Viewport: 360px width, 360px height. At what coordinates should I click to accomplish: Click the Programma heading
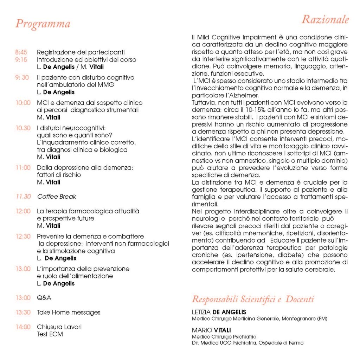pos(43,24)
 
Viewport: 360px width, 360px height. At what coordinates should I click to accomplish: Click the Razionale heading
pos(325,19)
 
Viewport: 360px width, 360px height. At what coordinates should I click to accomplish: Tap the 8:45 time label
pos(21,52)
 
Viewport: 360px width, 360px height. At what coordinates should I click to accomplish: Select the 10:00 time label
pos(23,103)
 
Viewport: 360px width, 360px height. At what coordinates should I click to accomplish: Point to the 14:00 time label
pos(23,327)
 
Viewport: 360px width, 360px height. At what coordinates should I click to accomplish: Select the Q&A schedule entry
pos(44,298)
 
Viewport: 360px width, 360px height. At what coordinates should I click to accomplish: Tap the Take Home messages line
pos(69,312)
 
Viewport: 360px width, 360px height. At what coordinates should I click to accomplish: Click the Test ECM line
pos(50,334)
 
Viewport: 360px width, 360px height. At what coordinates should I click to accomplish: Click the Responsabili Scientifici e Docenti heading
pos(253,300)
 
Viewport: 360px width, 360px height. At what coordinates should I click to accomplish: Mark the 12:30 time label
pos(23,237)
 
